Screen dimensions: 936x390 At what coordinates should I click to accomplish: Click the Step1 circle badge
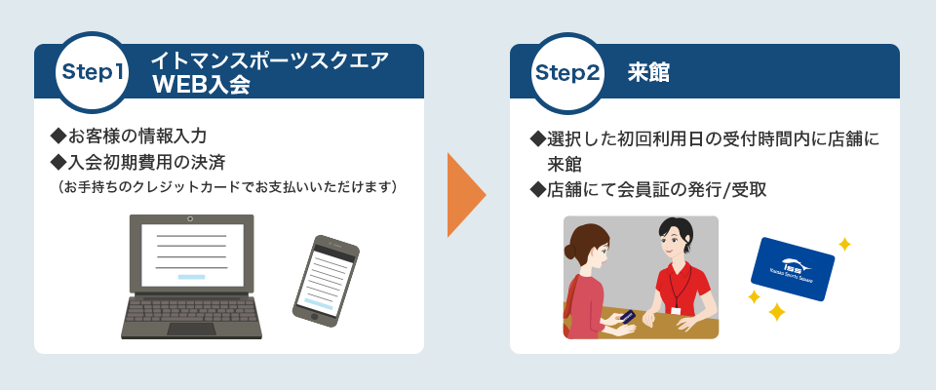[x=93, y=73]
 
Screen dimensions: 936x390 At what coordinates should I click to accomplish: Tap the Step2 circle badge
[x=567, y=73]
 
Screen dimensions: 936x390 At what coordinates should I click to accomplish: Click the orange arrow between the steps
[x=467, y=195]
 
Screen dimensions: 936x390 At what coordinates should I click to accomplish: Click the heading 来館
[x=649, y=73]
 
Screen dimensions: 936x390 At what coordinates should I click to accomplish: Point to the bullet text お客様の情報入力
[x=130, y=136]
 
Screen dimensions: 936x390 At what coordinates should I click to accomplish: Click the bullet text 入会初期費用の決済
[x=138, y=161]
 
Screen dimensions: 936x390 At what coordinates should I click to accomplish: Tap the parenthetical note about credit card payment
[x=228, y=187]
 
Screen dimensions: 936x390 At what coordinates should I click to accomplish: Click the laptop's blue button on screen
[x=192, y=277]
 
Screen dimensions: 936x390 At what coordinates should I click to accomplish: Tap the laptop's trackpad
[x=191, y=329]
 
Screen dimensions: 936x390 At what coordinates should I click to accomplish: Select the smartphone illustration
[x=326, y=281]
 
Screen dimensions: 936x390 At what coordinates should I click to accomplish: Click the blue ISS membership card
[x=792, y=269]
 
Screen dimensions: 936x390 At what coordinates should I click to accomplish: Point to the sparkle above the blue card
[x=844, y=244]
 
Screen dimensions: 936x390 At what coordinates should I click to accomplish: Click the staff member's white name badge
[x=677, y=311]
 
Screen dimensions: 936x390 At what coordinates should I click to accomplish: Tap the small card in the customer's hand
[x=627, y=315]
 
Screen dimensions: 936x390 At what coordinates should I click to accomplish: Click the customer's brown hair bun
[x=569, y=252]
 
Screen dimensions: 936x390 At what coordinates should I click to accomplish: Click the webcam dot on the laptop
[x=190, y=219]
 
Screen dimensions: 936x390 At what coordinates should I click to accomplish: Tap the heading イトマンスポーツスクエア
[x=270, y=60]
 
